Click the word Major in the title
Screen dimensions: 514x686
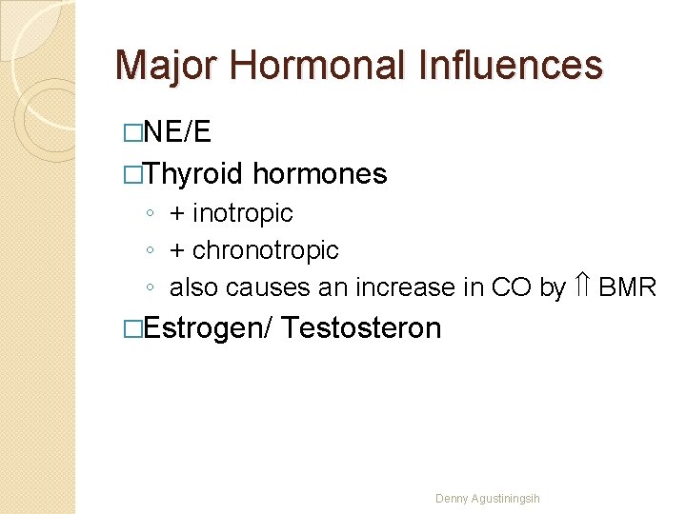166,66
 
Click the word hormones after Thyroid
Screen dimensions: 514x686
320,174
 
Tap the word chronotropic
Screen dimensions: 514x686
265,250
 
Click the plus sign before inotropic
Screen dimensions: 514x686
177,213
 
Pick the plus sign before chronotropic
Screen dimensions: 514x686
177,250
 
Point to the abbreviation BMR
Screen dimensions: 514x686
627,287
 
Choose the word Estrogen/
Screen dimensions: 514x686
209,328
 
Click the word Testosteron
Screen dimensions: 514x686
362,328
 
